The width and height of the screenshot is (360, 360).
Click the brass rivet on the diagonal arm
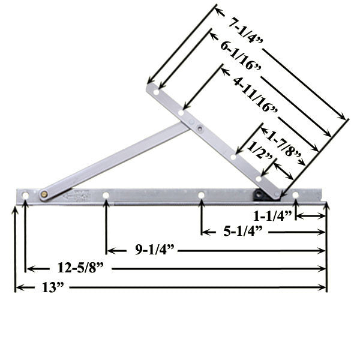44,194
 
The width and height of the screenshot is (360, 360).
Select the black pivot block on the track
259,194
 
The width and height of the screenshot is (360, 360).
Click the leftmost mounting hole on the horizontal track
25,196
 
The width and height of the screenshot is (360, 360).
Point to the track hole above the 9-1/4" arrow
106,195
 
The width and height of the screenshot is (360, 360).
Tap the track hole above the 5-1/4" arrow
202,195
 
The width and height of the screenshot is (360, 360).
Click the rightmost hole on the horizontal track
295,195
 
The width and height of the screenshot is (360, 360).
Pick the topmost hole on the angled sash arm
156,92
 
